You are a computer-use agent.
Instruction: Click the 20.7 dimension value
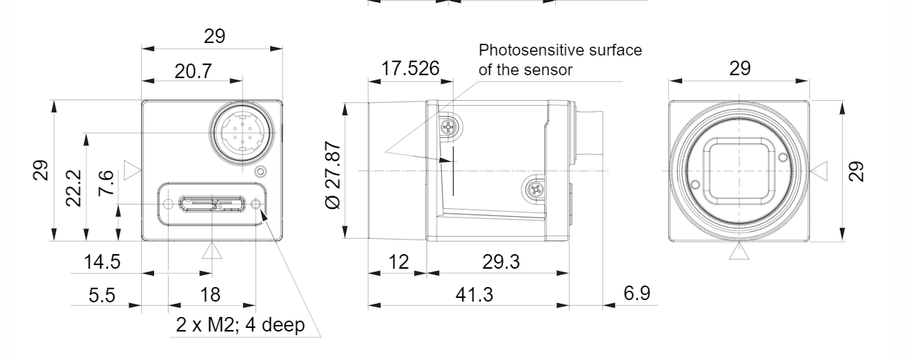coord(194,72)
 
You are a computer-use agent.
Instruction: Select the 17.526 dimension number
coord(410,68)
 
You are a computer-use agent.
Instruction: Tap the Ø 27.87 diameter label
coord(333,175)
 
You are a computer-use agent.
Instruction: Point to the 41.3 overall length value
coord(474,294)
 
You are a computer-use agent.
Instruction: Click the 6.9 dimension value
coord(637,293)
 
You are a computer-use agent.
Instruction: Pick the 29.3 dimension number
coord(501,261)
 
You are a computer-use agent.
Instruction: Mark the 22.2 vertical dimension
coord(74,188)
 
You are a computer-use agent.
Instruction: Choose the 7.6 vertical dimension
coord(106,183)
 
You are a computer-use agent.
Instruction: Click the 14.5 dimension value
coord(102,261)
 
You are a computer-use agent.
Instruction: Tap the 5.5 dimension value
coord(102,295)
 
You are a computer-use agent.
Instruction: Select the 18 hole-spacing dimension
coord(210,294)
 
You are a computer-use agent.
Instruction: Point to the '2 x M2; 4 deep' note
coord(240,325)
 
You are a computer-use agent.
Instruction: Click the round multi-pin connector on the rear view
coord(242,132)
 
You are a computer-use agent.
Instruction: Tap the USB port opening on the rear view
coord(212,204)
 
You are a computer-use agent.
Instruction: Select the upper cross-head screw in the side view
coord(448,128)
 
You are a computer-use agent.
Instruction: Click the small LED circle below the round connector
coord(261,172)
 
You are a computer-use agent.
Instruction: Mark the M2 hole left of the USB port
coord(168,204)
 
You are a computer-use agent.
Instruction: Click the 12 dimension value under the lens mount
coord(399,262)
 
